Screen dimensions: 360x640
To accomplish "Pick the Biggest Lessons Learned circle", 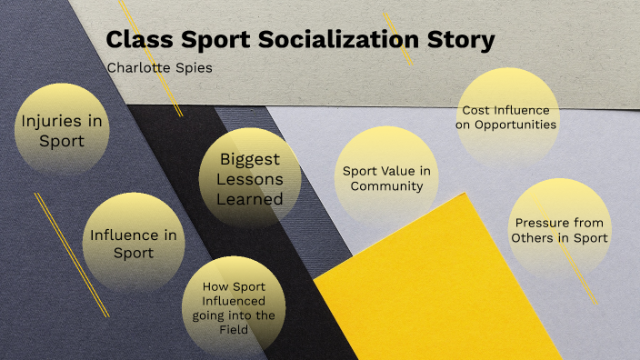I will tap(250, 178).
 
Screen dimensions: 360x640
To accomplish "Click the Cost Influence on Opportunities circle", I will tap(505, 116).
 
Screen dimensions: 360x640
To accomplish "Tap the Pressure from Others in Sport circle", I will tap(558, 230).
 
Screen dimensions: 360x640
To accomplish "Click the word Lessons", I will tap(251, 179).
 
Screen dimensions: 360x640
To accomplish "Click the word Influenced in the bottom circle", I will tap(235, 299).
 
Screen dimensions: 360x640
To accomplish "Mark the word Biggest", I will tap(250, 158).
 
